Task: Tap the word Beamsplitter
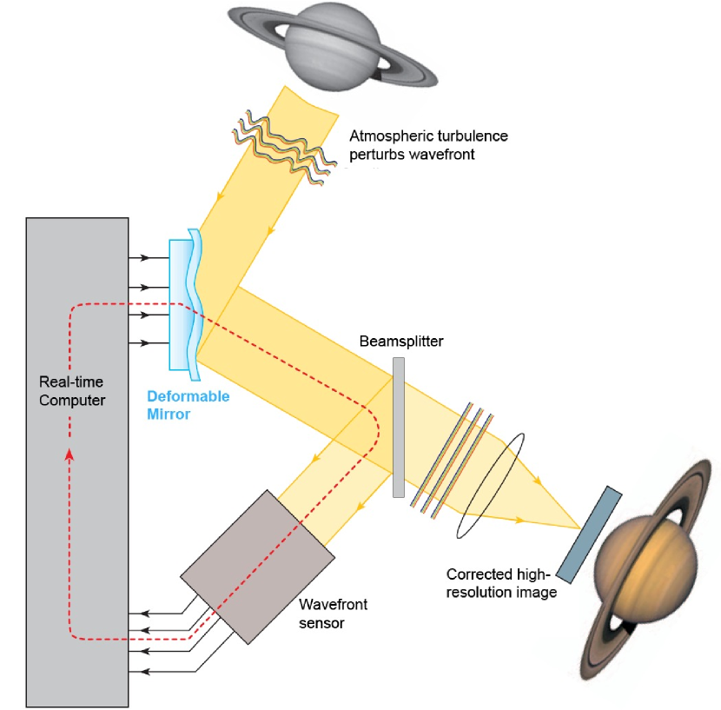point(401,342)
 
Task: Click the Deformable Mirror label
point(188,405)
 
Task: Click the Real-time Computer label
point(72,391)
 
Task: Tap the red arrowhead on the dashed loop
point(69,455)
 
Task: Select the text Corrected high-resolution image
point(501,583)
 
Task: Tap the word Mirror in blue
point(169,415)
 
